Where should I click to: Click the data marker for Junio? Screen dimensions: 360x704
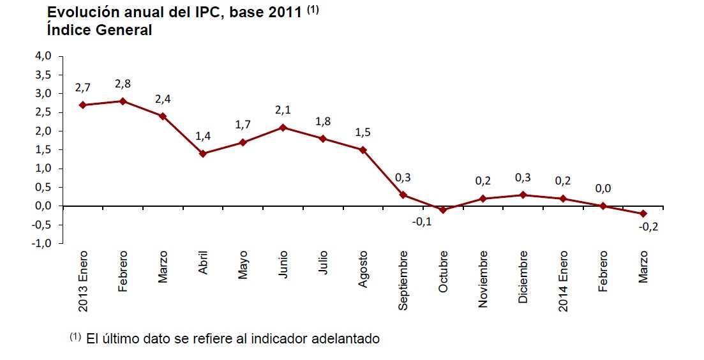coord(283,128)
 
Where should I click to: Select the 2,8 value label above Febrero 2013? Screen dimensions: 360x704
coord(123,84)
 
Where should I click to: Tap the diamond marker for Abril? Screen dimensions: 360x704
coord(203,154)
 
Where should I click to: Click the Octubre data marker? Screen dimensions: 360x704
coord(443,210)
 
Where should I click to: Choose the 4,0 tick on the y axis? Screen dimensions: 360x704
coord(43,56)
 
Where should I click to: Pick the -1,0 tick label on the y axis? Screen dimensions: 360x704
coord(41,244)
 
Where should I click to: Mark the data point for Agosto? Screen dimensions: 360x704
coord(363,150)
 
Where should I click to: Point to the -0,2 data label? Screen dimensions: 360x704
coord(650,227)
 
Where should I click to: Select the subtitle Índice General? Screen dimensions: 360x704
coord(99,29)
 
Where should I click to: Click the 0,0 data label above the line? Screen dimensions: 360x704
coord(603,189)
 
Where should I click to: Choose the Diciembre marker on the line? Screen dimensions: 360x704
coord(523,195)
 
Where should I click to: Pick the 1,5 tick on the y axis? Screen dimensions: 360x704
coord(43,150)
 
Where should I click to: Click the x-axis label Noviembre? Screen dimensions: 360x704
coord(483,280)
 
